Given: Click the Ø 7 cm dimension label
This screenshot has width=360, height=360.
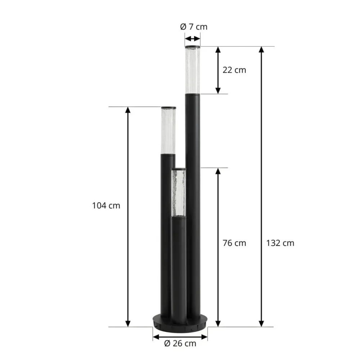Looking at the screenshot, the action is tap(194, 27).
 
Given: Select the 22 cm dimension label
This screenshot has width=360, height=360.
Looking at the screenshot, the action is tap(234, 70).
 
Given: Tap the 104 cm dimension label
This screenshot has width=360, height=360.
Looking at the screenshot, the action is tap(106, 206).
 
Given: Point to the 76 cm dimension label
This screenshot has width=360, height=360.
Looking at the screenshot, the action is tap(234, 243).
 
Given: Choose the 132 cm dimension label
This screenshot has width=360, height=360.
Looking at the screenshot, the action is tap(280, 243).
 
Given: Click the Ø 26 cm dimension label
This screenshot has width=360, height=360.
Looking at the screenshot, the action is tap(180, 343).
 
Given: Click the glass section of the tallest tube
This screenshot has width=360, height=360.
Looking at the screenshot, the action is tap(193, 71).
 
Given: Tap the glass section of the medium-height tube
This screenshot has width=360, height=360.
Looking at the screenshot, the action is tap(168, 131).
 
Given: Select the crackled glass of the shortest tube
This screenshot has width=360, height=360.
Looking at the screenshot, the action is tap(179, 193).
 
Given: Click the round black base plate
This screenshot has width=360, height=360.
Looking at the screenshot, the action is tap(180, 324).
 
